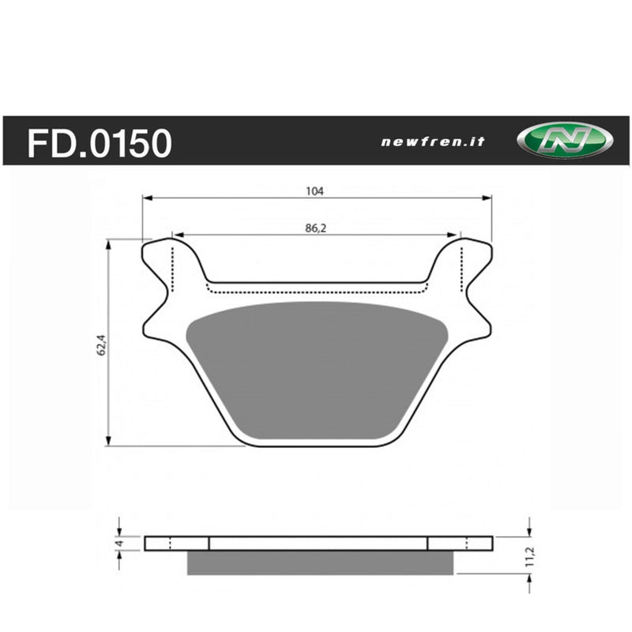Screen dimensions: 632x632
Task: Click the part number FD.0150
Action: click(x=100, y=143)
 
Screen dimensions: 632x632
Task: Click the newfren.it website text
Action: click(x=433, y=142)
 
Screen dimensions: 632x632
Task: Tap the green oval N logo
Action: click(x=564, y=141)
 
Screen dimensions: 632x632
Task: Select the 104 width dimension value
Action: click(x=316, y=190)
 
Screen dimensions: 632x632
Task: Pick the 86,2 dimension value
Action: click(x=316, y=228)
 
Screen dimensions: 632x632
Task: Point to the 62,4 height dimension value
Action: click(x=101, y=344)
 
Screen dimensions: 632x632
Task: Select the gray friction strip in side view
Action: click(x=320, y=562)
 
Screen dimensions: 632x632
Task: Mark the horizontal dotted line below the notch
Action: click(x=316, y=291)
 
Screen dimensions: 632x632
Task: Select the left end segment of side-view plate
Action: click(x=177, y=544)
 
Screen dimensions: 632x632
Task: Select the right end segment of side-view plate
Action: click(x=460, y=544)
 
